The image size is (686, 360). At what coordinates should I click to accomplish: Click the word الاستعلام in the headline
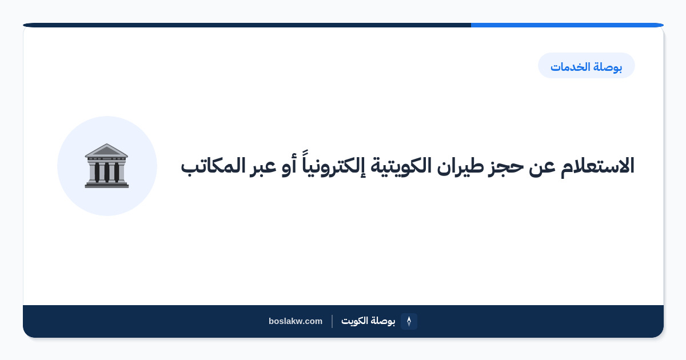click(597, 166)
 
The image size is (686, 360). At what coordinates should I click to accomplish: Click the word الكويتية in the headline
click(401, 167)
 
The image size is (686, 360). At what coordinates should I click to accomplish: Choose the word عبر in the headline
click(263, 167)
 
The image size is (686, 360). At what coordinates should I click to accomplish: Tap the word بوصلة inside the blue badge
click(608, 67)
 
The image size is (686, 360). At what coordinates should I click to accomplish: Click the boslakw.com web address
click(296, 321)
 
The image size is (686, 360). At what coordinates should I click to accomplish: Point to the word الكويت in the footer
click(354, 321)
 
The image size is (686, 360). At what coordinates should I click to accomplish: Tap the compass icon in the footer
click(409, 321)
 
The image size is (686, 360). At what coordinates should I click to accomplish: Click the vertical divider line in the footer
click(332, 321)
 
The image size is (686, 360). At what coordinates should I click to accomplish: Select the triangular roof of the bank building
click(106, 150)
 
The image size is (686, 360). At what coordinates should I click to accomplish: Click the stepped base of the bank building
click(106, 184)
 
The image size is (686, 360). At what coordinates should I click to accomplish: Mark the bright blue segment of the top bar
click(567, 25)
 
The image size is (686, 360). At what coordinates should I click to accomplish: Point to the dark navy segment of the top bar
click(247, 25)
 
